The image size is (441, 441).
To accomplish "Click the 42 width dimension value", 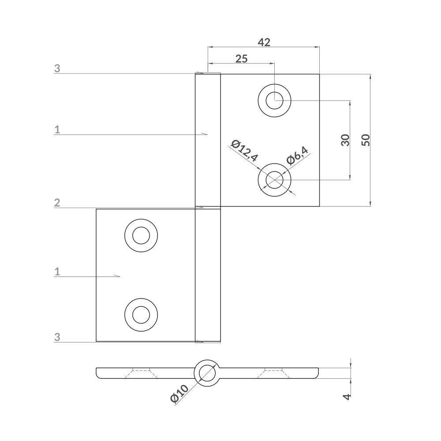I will point(264,42).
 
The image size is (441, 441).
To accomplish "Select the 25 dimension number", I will point(241,59).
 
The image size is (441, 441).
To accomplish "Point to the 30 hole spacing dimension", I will point(345,140).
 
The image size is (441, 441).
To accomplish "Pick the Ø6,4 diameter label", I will point(297,155).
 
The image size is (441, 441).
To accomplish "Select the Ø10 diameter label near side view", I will point(179,393).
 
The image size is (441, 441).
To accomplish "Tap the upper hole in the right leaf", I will point(275,100).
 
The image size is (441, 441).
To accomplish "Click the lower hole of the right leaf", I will point(275,180).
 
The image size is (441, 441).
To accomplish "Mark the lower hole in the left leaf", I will point(141,315).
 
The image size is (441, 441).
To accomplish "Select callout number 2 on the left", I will point(57,203).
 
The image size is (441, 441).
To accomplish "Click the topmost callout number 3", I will point(57,68).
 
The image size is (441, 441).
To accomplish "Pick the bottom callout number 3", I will point(57,337).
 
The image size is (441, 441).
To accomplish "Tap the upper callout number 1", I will point(57,129).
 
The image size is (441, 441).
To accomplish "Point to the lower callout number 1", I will point(57,272).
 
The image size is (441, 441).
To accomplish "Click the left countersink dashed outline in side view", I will point(141,373).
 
